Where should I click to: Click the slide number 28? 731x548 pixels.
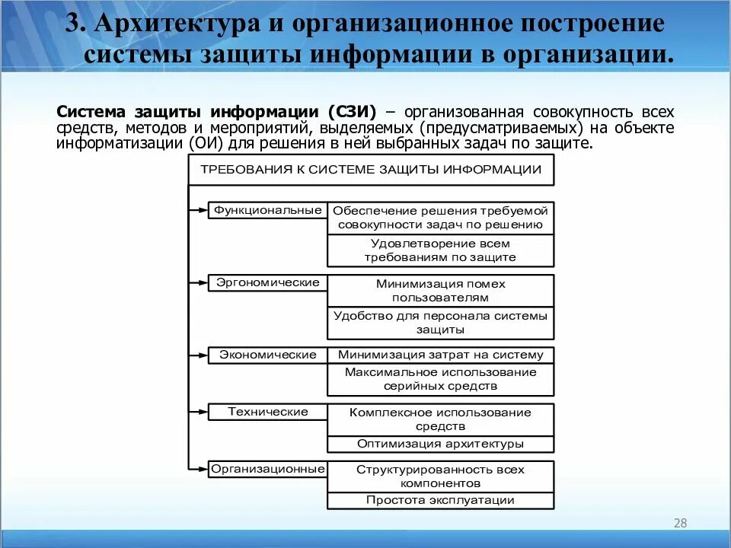680,523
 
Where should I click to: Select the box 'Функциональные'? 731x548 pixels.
268,210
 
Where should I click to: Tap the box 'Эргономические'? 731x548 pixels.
268,282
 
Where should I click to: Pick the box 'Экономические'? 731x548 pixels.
268,355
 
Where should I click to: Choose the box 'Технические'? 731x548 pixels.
268,412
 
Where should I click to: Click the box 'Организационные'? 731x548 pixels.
268,469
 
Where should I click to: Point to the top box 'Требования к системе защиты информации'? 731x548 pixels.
371,170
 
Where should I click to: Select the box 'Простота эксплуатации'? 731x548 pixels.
440,501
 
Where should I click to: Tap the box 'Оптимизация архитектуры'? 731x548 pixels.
440,444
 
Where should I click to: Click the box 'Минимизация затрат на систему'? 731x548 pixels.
440,355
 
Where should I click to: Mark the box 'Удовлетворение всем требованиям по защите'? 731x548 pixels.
440,250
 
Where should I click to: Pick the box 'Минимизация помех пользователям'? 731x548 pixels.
440,291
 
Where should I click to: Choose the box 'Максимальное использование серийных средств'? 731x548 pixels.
440,379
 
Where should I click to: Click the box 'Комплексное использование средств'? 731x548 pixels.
440,419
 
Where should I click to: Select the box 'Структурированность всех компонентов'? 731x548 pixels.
440,476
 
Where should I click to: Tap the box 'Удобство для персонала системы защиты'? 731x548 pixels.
440,323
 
